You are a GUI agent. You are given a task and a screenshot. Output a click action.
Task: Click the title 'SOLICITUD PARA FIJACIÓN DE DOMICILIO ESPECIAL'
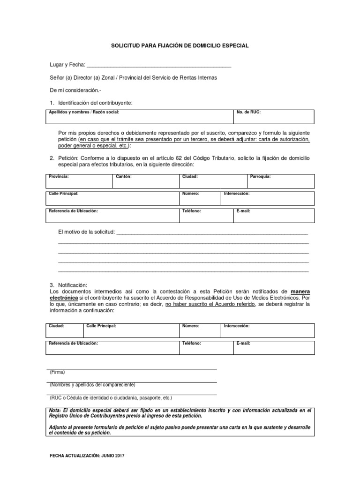coord(180,46)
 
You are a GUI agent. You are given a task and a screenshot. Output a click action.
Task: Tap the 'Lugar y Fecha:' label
coord(67,65)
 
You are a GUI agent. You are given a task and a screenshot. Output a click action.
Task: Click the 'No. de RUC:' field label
coord(249,113)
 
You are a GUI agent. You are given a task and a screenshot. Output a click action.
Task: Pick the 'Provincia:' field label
coord(59,177)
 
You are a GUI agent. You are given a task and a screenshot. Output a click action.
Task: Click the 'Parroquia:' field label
coord(260,177)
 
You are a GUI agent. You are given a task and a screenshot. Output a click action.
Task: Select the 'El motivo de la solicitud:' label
coord(86,232)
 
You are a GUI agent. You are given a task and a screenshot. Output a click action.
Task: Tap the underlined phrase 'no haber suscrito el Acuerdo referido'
coord(210,304)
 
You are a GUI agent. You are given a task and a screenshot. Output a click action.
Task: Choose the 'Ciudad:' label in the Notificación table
coord(57,325)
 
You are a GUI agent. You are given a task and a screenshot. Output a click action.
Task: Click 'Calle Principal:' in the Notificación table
coord(101,325)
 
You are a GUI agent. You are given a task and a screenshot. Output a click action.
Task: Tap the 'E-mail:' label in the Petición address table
coord(243,211)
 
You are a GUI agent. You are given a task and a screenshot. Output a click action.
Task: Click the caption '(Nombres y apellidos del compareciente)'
coord(92,385)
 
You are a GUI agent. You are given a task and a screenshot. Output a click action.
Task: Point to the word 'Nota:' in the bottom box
coord(55,410)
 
